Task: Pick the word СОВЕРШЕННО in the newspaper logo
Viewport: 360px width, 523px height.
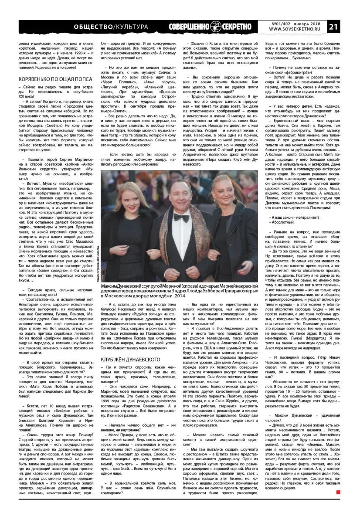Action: click(192, 27)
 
